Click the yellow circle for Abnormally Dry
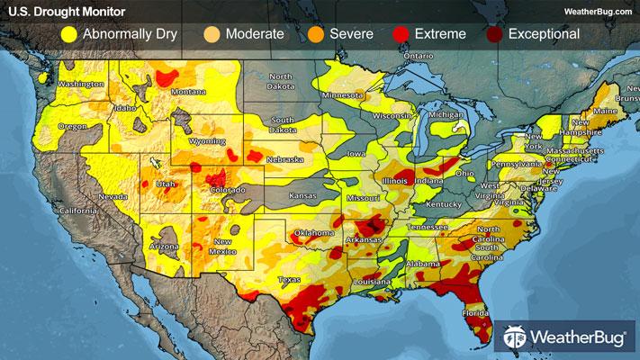(67, 35)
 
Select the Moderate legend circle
(212, 35)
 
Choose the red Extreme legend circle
(401, 35)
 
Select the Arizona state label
(164, 246)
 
